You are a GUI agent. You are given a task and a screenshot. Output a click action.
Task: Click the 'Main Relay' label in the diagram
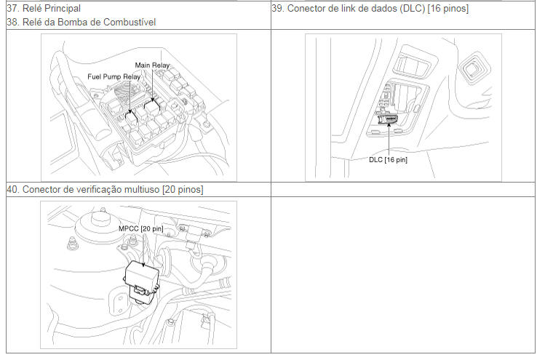152,65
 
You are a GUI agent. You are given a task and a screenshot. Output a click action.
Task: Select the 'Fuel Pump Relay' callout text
114,76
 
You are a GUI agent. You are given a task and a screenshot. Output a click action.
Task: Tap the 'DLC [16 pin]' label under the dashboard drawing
388,160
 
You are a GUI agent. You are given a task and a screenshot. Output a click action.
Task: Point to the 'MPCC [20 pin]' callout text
140,228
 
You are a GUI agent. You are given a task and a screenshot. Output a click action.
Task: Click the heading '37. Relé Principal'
44,8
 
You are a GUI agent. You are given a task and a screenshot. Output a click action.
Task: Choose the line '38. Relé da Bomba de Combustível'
81,23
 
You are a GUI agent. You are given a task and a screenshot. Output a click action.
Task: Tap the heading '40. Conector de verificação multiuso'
83,190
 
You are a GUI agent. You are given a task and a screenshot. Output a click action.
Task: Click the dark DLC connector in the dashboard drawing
389,121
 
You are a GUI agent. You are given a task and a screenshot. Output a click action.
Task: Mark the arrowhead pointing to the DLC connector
389,124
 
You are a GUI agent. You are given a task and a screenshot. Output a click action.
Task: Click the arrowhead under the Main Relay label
153,100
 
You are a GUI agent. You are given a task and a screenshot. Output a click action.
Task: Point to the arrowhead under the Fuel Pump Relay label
130,111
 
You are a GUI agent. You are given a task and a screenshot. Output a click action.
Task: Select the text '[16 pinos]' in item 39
448,8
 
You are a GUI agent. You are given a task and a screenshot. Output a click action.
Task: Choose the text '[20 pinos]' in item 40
183,190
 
